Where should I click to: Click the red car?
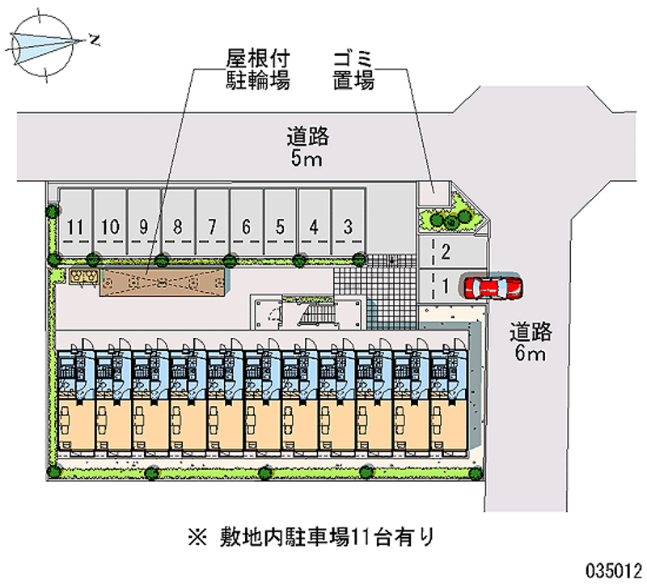coord(493,288)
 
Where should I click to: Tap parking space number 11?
coord(75,221)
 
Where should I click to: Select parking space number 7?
coord(212,221)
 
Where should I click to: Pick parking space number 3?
coord(349,221)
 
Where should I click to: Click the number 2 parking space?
coord(452,252)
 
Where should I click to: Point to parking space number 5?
coord(280,221)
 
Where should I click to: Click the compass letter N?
coord(95,40)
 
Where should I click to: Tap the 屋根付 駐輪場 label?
coord(257,70)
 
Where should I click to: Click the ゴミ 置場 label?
coord(353,70)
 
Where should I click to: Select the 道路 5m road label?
coord(307,147)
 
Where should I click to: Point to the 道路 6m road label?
coord(531,341)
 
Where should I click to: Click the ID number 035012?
coord(614,571)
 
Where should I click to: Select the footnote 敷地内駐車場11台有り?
coord(311,537)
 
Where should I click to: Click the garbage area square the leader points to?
coord(433,193)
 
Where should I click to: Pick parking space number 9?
coord(144,221)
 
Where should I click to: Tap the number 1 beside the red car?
coord(446,286)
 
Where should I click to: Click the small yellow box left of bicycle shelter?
coord(84,277)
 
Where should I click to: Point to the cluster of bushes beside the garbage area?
coord(451,218)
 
